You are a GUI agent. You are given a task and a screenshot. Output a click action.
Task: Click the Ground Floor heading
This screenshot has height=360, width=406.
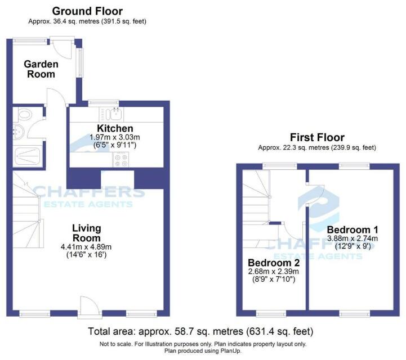87,11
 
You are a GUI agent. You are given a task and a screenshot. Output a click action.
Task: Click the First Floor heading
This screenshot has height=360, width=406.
317,137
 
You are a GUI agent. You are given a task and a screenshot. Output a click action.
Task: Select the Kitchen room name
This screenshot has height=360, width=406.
115,129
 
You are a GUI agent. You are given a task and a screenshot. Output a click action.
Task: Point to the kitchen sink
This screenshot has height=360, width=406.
117,115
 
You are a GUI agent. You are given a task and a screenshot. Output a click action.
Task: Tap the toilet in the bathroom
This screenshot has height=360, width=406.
24,116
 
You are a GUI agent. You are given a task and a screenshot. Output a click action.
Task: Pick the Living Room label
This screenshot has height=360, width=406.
86,233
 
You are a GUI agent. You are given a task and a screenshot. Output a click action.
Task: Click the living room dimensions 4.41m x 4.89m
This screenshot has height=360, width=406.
86,247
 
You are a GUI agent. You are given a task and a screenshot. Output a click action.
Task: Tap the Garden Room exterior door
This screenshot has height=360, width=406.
58,45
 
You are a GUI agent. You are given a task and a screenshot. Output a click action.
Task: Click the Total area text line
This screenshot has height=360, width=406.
201,331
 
